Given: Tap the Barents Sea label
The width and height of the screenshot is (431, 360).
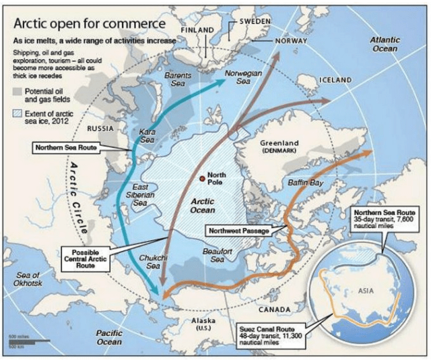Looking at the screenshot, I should (x=178, y=79).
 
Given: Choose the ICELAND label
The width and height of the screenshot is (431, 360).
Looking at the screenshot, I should (x=335, y=80).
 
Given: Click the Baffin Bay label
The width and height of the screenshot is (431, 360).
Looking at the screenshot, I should (x=306, y=183).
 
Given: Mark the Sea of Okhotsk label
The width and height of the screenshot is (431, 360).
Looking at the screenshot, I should (x=27, y=278).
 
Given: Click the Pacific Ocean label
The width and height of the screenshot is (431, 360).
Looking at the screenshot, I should (x=109, y=337).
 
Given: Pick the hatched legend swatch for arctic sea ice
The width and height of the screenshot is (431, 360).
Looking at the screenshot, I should (x=17, y=114).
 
